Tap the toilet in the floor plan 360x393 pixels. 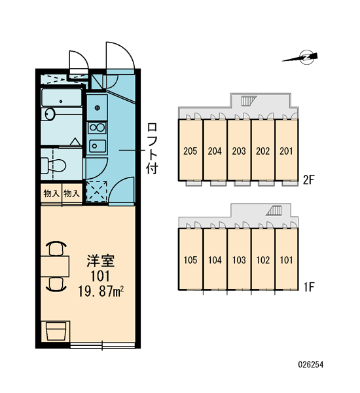coord(54,165)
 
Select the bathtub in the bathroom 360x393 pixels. coord(62,98)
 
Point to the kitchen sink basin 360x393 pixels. coord(98,145)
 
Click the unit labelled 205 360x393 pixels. coord(190,150)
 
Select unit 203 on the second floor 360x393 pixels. coord(239,150)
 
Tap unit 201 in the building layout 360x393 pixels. coord(286,150)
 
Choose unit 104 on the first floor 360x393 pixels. coord(215,259)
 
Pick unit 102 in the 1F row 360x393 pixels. coord(262,259)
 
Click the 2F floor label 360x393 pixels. coord(308,179)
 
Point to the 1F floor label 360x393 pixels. coord(308,288)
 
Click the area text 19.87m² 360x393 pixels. coord(101,291)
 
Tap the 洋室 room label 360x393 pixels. coord(100,261)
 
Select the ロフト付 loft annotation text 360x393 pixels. coord(152,148)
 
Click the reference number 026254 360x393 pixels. coord(311,364)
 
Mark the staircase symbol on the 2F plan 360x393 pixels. coord(249,100)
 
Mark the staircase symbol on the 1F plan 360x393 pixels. coord(274,210)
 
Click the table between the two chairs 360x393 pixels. coord(55,267)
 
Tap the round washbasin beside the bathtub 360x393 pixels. coord(50,114)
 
